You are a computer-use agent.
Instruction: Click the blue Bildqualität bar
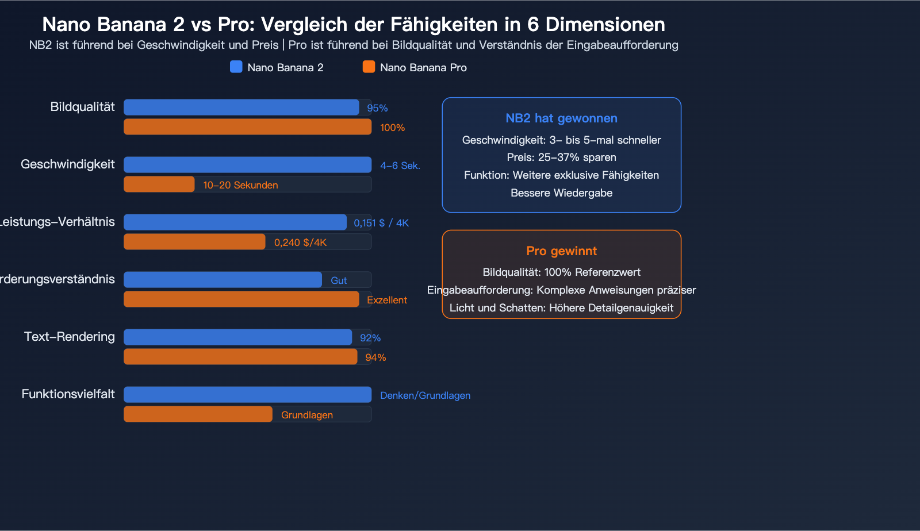pos(241,107)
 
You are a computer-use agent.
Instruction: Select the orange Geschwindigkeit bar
pos(159,184)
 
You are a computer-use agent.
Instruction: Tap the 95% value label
pos(377,108)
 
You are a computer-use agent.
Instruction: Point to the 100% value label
pos(392,128)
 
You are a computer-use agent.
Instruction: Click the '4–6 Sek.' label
pos(400,166)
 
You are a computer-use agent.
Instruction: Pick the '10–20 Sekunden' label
pos(240,185)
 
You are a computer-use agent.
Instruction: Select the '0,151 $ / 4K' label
pos(381,223)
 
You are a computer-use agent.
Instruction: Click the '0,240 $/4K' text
pos(300,243)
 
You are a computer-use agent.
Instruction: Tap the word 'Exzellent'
pos(386,300)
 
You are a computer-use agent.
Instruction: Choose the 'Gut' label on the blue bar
pos(339,280)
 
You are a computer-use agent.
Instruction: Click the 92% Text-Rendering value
pos(370,338)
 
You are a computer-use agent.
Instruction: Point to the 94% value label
pos(375,357)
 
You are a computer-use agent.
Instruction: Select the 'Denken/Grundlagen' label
pos(425,395)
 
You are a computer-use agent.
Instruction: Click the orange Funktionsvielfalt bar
pos(198,414)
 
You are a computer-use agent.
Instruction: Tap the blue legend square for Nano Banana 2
pos(236,67)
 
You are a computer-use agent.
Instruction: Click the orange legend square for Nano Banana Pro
pos(369,67)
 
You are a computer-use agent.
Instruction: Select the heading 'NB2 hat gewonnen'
pos(561,118)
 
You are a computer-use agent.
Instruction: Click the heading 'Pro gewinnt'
pos(561,251)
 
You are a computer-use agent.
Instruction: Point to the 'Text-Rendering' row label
pos(70,337)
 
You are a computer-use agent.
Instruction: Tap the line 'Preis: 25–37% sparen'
pos(561,157)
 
